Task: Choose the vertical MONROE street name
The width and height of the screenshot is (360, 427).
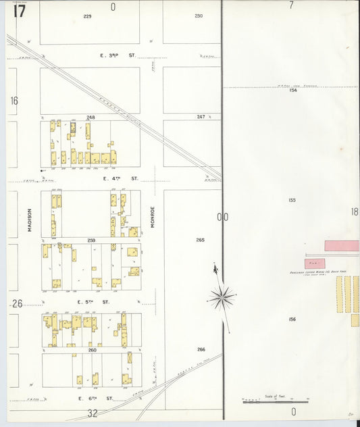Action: (x=153, y=217)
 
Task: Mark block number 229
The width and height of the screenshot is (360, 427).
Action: (x=87, y=16)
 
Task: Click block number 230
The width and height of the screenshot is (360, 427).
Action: (x=199, y=16)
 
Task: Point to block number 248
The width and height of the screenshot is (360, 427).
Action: (x=91, y=117)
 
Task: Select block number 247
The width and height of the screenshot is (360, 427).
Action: (x=201, y=117)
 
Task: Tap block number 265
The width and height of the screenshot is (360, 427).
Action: (x=201, y=240)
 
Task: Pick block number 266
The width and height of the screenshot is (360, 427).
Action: (x=201, y=349)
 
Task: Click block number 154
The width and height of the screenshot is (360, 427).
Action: (x=292, y=90)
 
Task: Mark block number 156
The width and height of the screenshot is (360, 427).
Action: (x=292, y=319)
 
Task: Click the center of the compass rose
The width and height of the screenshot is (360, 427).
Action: (x=222, y=296)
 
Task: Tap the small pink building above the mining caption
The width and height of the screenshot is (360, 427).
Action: (x=315, y=263)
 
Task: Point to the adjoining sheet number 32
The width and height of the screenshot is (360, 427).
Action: (x=93, y=413)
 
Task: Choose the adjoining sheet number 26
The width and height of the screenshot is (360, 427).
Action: (x=17, y=303)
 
